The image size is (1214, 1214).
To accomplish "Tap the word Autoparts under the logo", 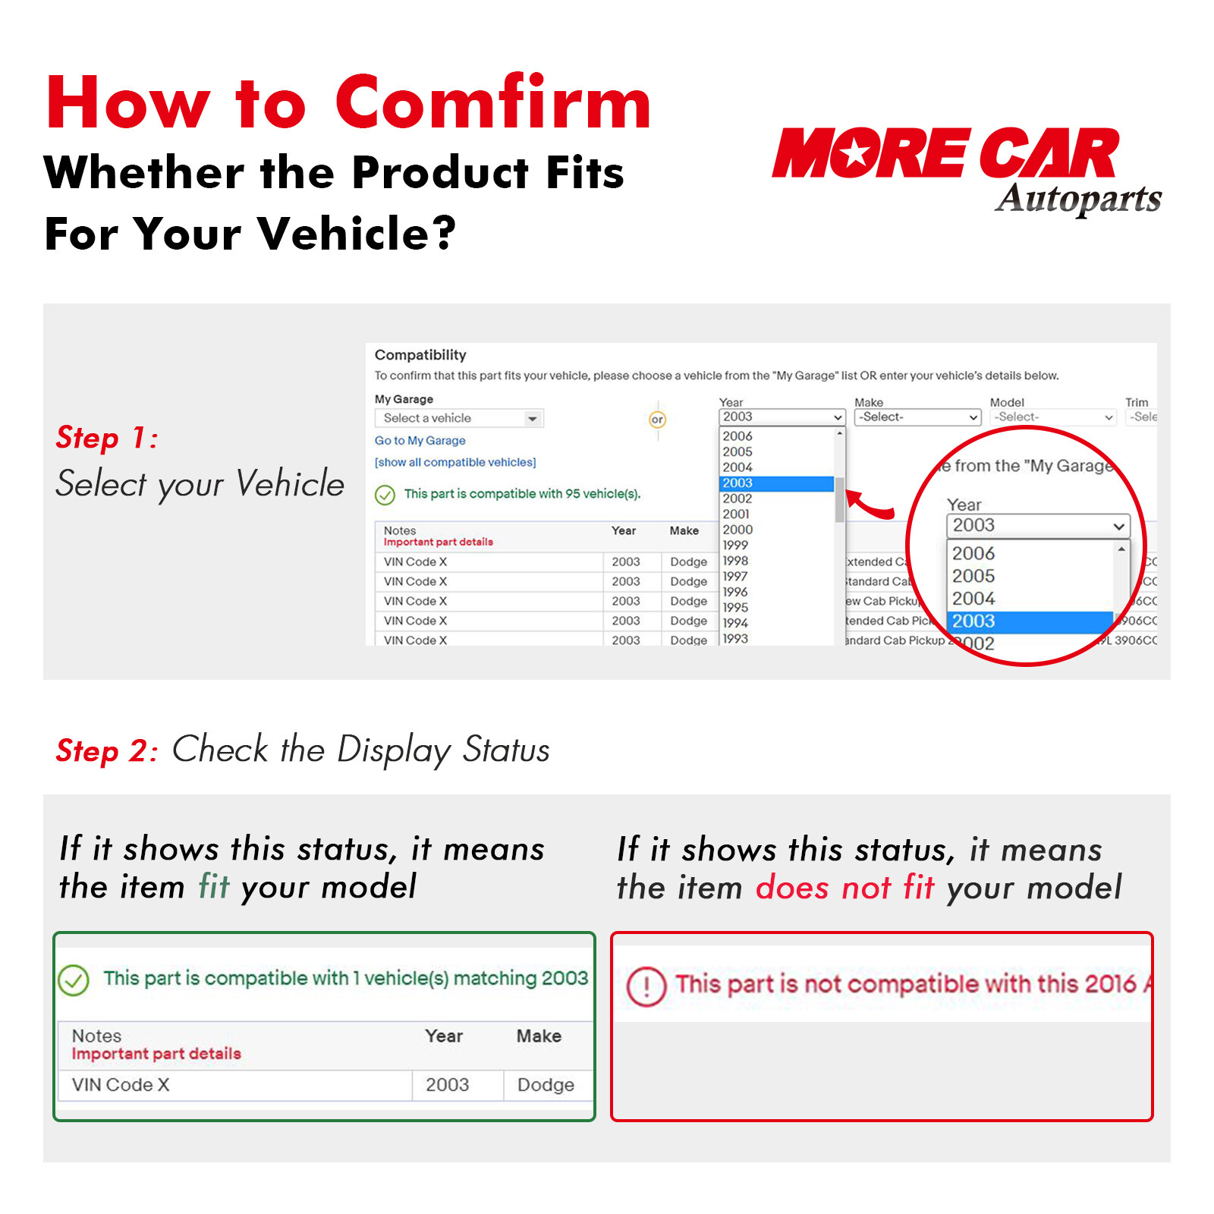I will tap(1078, 199).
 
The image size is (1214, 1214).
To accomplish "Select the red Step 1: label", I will tap(107, 438).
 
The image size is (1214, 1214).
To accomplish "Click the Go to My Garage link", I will tap(420, 441).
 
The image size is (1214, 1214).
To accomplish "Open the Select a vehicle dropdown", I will tap(459, 418).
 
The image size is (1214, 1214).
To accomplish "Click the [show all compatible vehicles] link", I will tap(455, 462).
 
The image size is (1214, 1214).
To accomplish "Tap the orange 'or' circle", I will tap(657, 419).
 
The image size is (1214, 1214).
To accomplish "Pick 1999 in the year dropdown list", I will tap(735, 545).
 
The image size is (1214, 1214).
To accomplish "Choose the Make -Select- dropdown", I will tap(917, 417).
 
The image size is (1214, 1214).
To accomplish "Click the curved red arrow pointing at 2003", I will tap(870, 505).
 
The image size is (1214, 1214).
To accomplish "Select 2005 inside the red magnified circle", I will tap(973, 576).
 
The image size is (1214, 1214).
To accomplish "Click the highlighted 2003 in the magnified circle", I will tap(973, 621).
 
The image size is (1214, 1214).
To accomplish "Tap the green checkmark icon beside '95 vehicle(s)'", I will tap(385, 495).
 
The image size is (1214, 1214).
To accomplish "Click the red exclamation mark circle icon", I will tap(646, 986).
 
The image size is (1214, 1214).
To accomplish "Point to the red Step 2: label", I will tap(107, 751).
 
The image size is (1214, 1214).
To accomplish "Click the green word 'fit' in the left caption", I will tap(214, 886).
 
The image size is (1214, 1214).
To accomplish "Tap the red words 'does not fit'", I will tap(844, 887).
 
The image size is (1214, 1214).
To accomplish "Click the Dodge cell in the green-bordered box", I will tap(546, 1085).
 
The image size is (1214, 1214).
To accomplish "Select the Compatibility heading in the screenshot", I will tap(420, 355).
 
